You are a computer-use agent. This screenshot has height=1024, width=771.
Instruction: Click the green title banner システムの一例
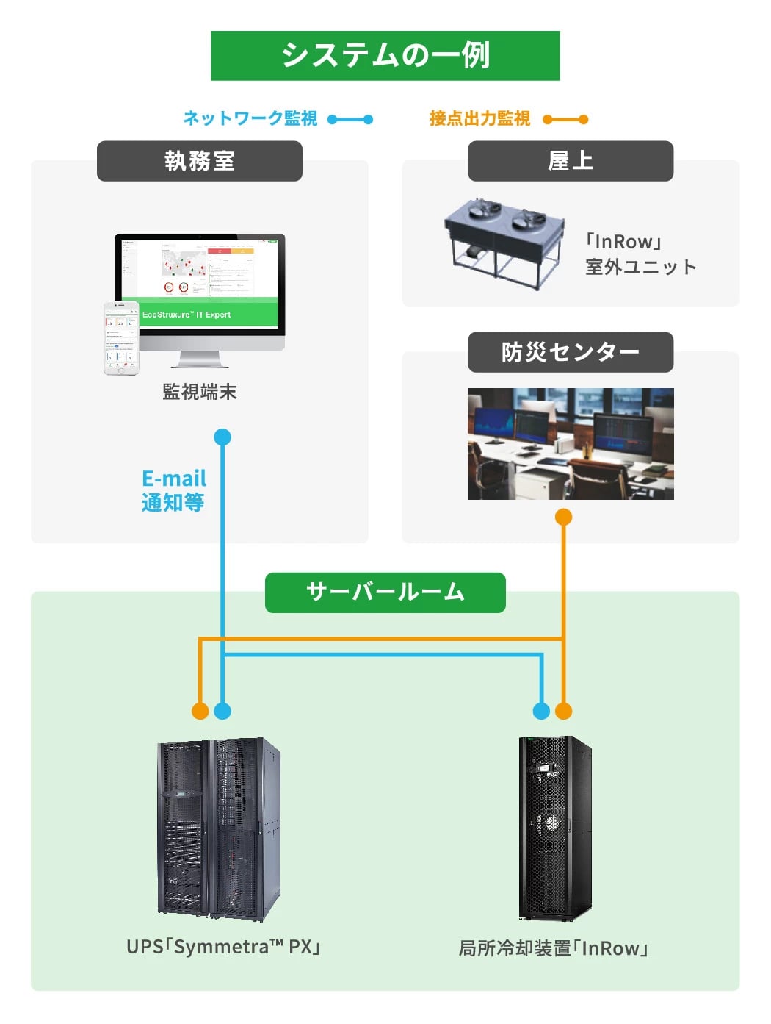(x=385, y=56)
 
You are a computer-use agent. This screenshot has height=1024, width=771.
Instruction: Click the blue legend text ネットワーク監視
(x=250, y=118)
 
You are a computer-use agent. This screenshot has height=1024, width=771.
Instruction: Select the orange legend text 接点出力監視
(x=479, y=118)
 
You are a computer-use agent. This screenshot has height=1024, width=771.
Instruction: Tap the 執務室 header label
(x=200, y=161)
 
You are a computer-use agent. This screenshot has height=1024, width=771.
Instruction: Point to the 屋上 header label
(x=571, y=161)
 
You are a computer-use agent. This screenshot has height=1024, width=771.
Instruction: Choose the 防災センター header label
(x=571, y=352)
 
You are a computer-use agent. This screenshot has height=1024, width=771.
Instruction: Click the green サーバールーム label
(x=385, y=592)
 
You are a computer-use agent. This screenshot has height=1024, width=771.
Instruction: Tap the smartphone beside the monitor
(x=121, y=338)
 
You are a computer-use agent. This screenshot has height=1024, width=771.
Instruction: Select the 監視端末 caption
(x=200, y=392)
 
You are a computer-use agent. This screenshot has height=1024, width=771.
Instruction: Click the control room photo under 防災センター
(x=571, y=444)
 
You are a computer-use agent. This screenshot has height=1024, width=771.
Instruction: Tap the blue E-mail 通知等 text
(x=173, y=490)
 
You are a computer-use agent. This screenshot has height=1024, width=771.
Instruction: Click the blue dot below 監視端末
(x=222, y=437)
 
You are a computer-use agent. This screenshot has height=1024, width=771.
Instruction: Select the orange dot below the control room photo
(x=563, y=518)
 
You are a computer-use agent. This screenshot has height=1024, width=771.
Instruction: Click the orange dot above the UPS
(x=200, y=711)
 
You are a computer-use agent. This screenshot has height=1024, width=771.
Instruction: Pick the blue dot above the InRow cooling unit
(x=541, y=711)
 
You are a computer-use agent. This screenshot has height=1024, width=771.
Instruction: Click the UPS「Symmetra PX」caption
(x=224, y=947)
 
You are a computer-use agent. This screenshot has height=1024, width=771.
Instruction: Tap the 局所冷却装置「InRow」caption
(x=554, y=948)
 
